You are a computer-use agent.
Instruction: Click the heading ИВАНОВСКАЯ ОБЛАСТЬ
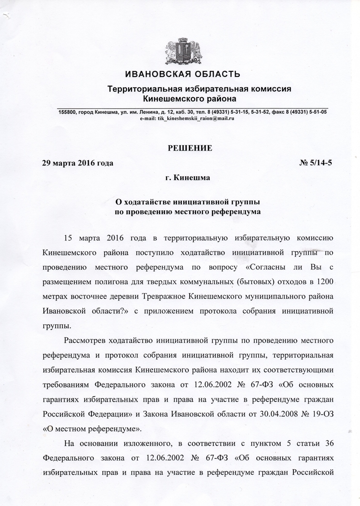(x=183, y=75)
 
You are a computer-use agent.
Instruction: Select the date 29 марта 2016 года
(x=78, y=163)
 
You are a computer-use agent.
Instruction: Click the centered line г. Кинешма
(x=188, y=178)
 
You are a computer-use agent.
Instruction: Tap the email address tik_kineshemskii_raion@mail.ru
(x=196, y=119)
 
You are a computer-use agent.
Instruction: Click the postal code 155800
(x=67, y=112)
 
